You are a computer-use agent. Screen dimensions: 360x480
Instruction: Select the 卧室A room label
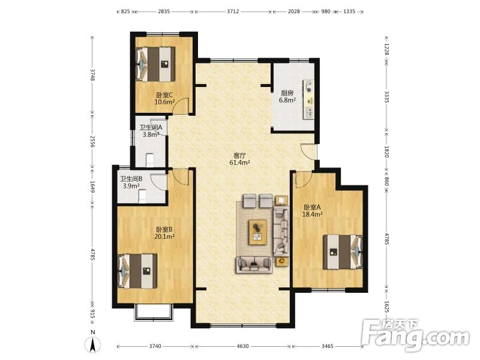313,207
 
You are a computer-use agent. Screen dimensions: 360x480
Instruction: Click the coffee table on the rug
259,231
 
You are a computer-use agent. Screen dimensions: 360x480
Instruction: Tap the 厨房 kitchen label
287,93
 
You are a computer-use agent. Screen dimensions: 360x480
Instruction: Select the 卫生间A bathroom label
151,127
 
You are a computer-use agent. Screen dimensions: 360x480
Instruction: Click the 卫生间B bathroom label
131,179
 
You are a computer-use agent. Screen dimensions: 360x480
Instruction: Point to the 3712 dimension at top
233,11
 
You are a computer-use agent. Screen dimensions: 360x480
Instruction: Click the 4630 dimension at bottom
243,347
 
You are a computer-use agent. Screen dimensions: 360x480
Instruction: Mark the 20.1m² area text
164,236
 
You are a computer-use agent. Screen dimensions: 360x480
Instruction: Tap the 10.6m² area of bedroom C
164,102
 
